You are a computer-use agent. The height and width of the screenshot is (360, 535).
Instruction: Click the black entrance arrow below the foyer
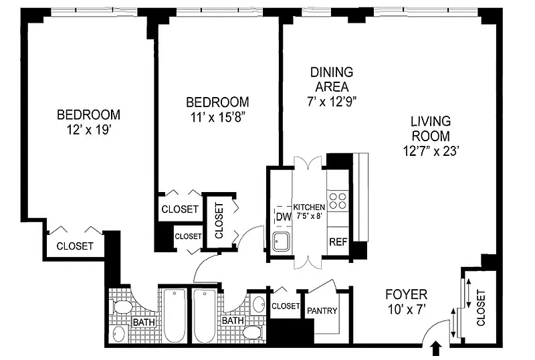pos(437,349)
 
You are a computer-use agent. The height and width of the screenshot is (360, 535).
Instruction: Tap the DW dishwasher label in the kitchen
pos(284,217)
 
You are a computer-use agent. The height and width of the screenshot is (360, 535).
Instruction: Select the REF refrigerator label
pos(338,242)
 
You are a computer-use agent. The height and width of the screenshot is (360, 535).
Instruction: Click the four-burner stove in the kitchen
pos(337,201)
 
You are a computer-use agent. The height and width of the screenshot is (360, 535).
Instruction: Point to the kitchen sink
pos(282,242)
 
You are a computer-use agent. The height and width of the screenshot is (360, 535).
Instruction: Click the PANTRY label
pos(322,310)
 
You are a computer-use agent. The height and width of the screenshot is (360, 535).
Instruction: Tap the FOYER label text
pos(406,294)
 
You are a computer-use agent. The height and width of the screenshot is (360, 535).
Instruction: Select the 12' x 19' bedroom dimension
pos(89,130)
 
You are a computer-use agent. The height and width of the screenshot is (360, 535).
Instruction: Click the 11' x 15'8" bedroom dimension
pos(218,117)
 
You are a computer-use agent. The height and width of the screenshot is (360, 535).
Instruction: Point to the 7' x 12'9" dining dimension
pos(332,102)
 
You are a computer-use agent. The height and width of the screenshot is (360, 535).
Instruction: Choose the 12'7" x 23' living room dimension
pos(431,151)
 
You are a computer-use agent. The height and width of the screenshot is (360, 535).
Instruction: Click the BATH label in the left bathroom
pos(144,322)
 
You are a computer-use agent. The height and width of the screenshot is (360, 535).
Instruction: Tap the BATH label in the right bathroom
pos(233,321)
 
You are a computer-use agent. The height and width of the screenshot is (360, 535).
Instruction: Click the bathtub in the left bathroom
pos(175,315)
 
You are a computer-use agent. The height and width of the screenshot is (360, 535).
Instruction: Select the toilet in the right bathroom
pos(253,332)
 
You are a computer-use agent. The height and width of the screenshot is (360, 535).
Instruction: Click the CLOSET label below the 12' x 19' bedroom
pos(75,246)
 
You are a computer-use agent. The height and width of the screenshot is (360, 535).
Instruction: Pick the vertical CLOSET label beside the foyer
pos(480,308)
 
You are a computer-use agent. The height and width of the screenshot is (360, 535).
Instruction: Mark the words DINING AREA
pos(332,79)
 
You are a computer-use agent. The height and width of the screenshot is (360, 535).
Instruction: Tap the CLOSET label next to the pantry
pos(286,306)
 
